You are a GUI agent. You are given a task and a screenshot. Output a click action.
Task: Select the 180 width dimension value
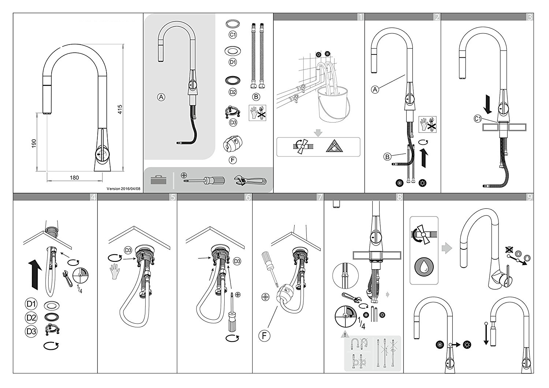(x=74, y=178)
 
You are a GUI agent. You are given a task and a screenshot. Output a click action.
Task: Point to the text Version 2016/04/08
(x=123, y=189)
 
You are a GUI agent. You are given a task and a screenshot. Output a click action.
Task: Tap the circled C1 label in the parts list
(x=233, y=35)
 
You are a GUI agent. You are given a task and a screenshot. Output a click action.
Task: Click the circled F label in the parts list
(x=232, y=160)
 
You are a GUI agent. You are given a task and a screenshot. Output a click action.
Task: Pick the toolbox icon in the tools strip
(x=158, y=180)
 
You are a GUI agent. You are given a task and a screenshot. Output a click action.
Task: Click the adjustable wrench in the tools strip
(x=251, y=180)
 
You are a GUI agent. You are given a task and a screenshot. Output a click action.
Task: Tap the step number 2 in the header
(x=437, y=16)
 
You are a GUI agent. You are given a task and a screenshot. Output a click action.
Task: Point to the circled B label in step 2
(x=388, y=157)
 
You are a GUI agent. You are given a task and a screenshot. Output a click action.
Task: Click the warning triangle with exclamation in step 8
(x=343, y=334)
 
